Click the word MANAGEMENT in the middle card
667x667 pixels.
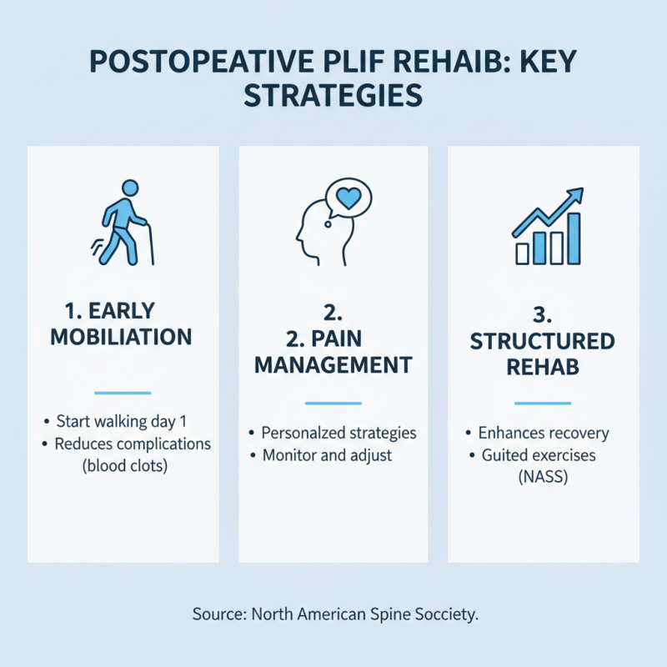click(x=333, y=364)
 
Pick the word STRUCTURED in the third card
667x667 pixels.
click(x=542, y=341)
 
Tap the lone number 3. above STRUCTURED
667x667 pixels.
click(x=543, y=315)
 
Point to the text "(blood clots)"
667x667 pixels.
click(x=125, y=466)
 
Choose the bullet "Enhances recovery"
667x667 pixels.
click(x=543, y=434)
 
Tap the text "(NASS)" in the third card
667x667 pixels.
click(x=543, y=479)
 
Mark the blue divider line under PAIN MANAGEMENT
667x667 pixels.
click(x=333, y=404)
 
